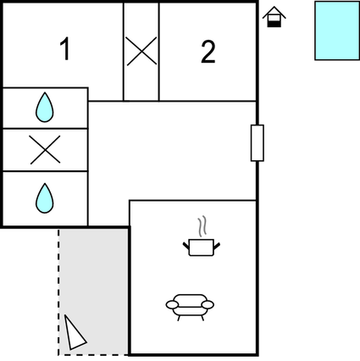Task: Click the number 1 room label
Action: pos(64,51)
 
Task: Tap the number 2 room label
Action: pos(208,52)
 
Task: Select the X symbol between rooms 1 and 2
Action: pos(141,52)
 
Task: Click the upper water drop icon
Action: pos(44,108)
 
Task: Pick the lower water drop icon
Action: pos(44,198)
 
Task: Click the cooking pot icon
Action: pos(202,247)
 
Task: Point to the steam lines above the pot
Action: pos(202,227)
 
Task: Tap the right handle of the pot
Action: pos(218,245)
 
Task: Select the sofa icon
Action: pos(191,305)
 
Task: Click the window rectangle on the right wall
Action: pos(258,143)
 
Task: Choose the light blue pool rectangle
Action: pos(337,31)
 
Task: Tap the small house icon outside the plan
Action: pos(274,18)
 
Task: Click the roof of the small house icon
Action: pos(274,12)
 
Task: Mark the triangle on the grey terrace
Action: pos(75,332)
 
